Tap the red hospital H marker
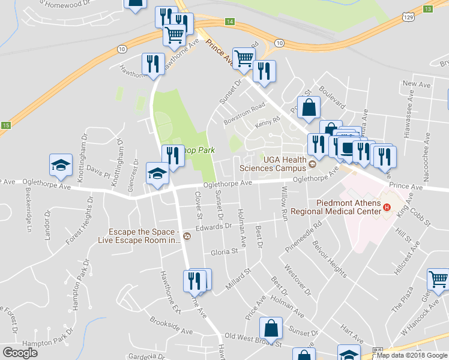coord(387,208)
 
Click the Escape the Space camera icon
coord(187,235)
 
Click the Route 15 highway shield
coord(5,125)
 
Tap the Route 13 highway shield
coord(427,9)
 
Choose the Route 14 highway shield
coord(230,22)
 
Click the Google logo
coord(20,353)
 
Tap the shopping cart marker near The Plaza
coord(439,280)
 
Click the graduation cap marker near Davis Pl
coord(59,165)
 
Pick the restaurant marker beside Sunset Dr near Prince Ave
coord(264,70)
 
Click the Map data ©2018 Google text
coord(412,355)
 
